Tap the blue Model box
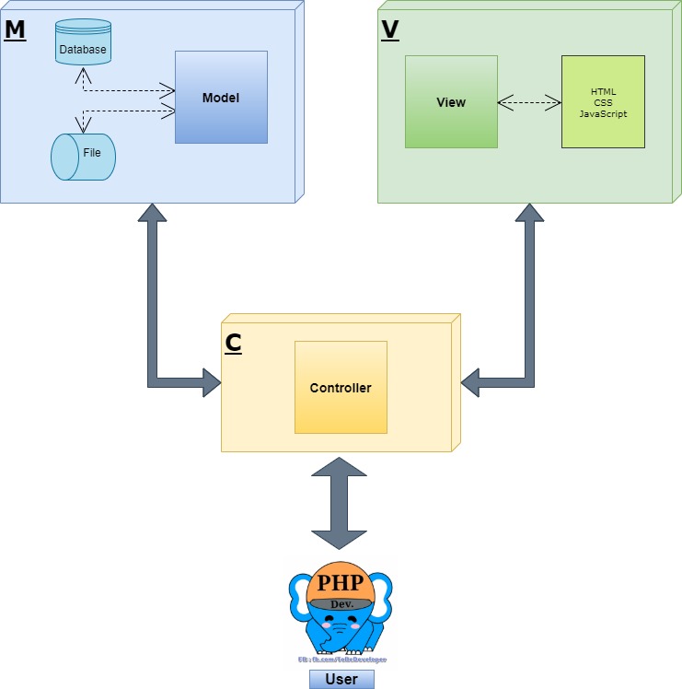pos(221,98)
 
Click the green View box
pos(451,101)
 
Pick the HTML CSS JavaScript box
pos(603,101)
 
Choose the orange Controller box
pos(341,387)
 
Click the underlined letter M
pos(15,29)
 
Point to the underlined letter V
pos(390,29)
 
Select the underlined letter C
pos(234,343)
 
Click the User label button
pos(341,680)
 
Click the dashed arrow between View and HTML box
pos(529,101)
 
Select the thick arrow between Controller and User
pos(341,502)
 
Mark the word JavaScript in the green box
pos(603,113)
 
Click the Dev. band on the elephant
pos(341,603)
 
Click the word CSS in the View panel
pos(603,102)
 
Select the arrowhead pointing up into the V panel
pos(529,213)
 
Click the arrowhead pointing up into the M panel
pos(153,213)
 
